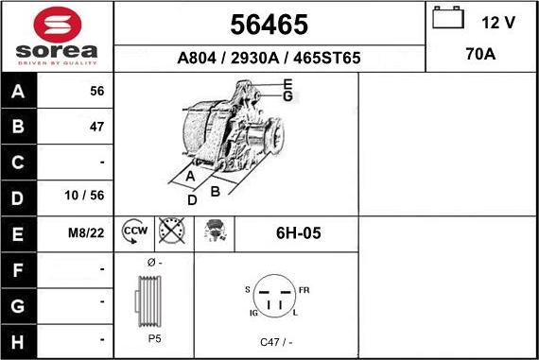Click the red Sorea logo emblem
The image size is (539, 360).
pos(58,25)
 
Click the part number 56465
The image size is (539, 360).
pos(269,25)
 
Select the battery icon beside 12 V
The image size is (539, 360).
pos(448,17)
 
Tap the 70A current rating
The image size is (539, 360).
pos(480,54)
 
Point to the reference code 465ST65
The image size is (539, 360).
pos(327,58)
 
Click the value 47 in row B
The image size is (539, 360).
pos(96,127)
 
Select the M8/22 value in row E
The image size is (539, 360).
pos(86,233)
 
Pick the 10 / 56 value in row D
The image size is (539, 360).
pos(84,196)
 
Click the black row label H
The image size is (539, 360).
pos(18,342)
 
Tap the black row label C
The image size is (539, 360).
pos(18,163)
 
